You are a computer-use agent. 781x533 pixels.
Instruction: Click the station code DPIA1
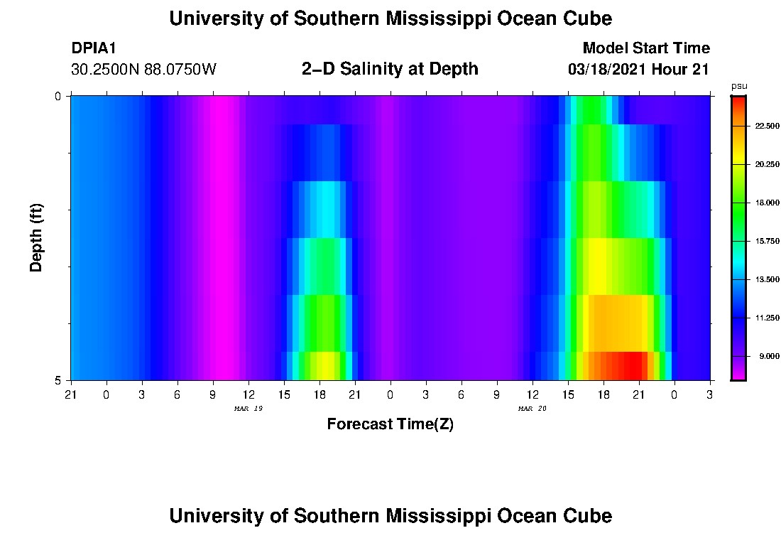pyautogui.click(x=94, y=48)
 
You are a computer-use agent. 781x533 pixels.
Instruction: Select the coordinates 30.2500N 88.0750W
pyautogui.click(x=143, y=70)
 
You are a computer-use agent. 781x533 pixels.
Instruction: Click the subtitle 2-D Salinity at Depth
pyautogui.click(x=390, y=69)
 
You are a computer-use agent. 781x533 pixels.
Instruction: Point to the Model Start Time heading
pyautogui.click(x=645, y=48)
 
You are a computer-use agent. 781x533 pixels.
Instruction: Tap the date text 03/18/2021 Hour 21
pyautogui.click(x=638, y=70)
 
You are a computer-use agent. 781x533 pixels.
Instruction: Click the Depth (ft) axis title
pyautogui.click(x=37, y=237)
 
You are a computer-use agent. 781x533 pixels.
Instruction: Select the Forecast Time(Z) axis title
pyautogui.click(x=390, y=424)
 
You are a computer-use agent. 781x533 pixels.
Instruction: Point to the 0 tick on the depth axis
pyautogui.click(x=58, y=96)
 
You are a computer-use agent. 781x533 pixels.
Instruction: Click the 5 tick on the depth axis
pyautogui.click(x=58, y=380)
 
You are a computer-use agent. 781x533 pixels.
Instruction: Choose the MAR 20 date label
pyautogui.click(x=532, y=409)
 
